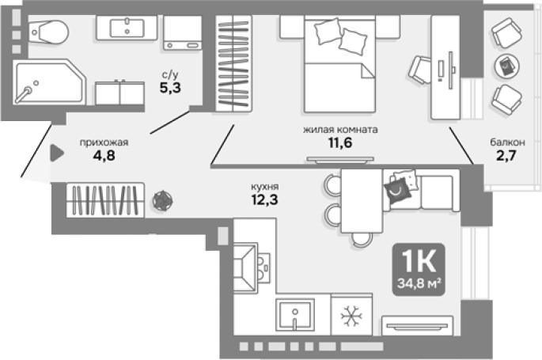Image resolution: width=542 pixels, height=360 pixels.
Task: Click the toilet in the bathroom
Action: coord(48,32)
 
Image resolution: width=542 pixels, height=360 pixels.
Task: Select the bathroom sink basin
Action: coord(127,28)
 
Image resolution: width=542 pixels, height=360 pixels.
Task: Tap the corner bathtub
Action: coord(49,82)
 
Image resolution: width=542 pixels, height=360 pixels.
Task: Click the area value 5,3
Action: coord(170,88)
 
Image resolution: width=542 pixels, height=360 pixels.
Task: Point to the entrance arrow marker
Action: coord(57,153)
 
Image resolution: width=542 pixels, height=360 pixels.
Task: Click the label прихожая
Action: coord(104,142)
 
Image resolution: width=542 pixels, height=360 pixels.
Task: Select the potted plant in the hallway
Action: coord(162,200)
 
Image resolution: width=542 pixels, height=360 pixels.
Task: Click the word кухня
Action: coord(265,187)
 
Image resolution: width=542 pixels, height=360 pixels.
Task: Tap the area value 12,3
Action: coord(265,199)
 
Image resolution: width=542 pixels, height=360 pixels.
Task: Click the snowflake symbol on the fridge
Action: coord(351,316)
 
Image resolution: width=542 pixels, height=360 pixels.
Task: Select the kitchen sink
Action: coord(295,315)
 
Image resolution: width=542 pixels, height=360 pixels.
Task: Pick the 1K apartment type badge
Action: coord(419,270)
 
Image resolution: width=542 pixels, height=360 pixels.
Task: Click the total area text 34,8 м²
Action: coord(419,283)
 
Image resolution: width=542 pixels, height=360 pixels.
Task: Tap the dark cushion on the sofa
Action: coord(398,190)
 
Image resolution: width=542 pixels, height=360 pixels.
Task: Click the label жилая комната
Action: coord(340,130)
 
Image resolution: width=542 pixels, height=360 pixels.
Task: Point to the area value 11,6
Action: coord(340,142)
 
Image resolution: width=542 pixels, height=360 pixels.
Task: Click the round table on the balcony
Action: coord(506,66)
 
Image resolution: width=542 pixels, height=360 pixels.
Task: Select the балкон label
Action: coord(507,142)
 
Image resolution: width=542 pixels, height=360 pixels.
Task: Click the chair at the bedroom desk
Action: coord(421,70)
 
